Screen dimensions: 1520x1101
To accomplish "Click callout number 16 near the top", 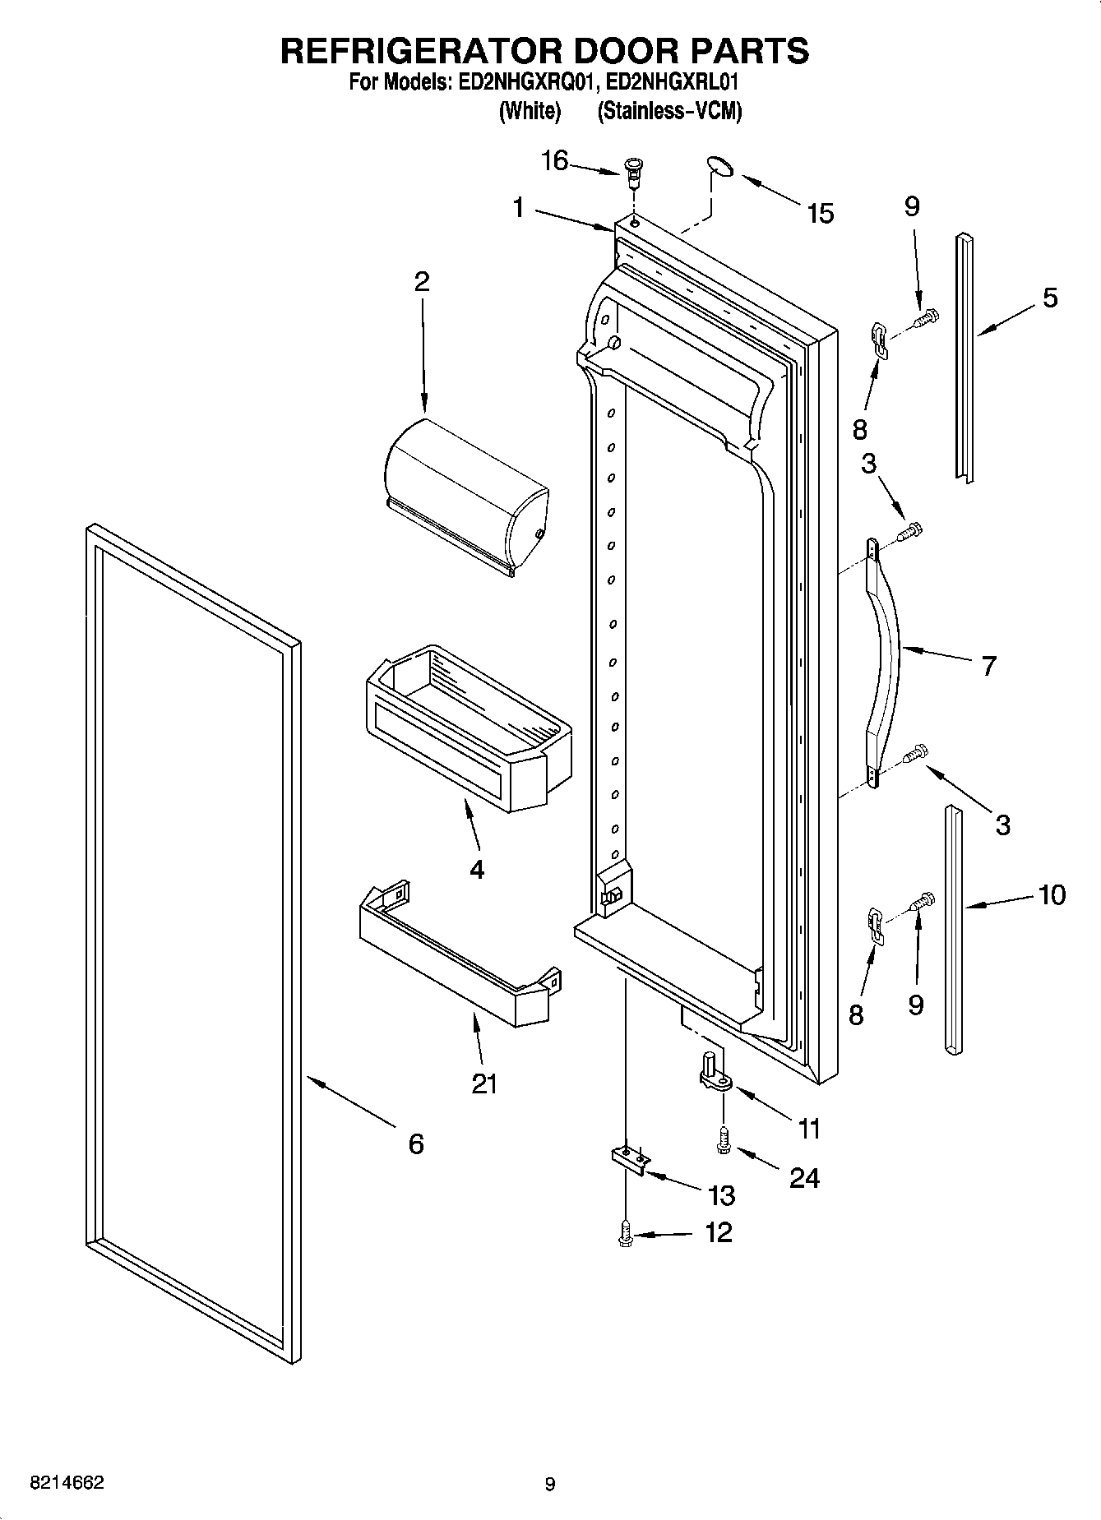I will [554, 161].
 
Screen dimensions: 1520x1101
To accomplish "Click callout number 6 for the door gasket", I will [416, 1143].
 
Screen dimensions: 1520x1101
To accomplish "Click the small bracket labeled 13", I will [630, 1158].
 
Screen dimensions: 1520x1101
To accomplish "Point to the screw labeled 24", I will [723, 1139].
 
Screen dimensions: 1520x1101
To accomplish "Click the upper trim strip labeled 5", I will [964, 358].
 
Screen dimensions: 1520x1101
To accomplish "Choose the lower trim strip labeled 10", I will [954, 929].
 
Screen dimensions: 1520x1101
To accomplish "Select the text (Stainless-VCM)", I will [669, 111].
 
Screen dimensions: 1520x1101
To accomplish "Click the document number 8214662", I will [67, 1482].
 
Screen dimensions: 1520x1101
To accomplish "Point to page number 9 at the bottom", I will [549, 1484].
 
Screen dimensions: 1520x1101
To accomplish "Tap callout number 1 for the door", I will [518, 208].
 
